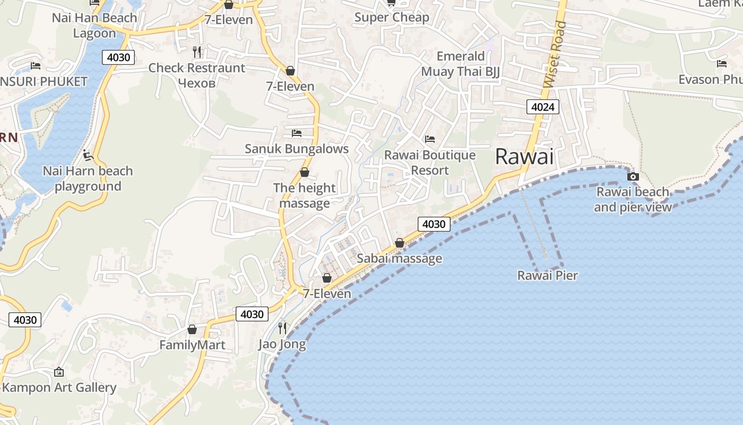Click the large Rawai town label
[x=524, y=157]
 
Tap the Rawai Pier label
[x=547, y=275]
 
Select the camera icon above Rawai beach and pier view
[x=633, y=176]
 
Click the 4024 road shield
[x=542, y=107]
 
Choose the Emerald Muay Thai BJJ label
[x=461, y=64]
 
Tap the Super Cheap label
[x=392, y=18]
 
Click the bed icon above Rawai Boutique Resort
[x=430, y=139]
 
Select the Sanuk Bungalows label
[x=297, y=149]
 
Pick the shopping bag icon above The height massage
[x=305, y=172]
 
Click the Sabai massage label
[x=399, y=259]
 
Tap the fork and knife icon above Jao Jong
[x=282, y=328]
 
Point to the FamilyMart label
[x=192, y=345]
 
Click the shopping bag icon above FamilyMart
[x=192, y=329]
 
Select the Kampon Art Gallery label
[x=59, y=387]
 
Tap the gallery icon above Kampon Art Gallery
[x=59, y=372]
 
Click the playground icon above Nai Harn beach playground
[x=88, y=156]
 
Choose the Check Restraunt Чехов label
[x=196, y=75]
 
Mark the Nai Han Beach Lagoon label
[x=94, y=25]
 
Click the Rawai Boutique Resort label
[x=430, y=163]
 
